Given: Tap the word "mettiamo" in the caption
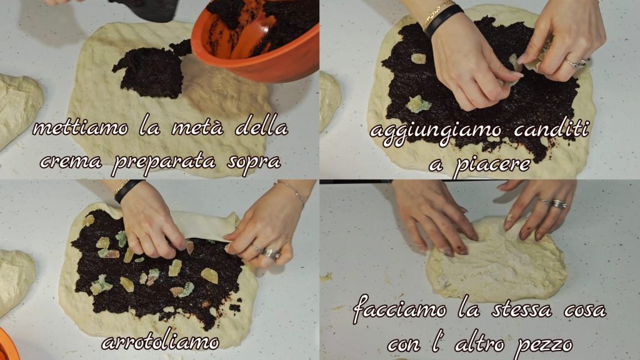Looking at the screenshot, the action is point(81,127).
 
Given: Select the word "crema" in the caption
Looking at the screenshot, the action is point(71,162).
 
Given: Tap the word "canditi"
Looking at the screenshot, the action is point(551,129).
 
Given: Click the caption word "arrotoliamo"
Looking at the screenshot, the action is point(161,342).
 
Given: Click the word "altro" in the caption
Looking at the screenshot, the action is point(480,344).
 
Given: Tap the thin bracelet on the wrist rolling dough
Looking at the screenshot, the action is point(292,191).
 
